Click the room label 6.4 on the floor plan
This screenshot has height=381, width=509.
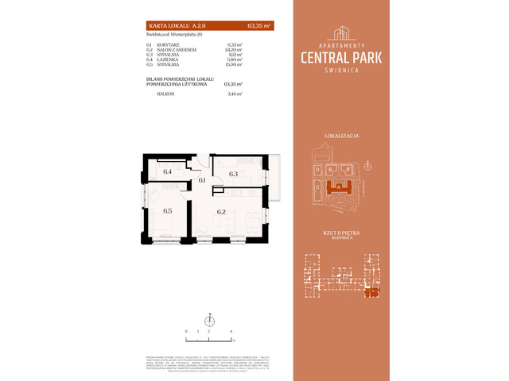tap(168, 171)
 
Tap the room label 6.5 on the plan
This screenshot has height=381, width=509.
tap(168, 210)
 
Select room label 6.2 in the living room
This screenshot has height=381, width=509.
tap(222, 211)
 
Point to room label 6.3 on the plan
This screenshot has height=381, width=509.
tap(233, 173)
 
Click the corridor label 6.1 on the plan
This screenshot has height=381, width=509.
tap(202, 180)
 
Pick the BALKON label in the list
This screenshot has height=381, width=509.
tap(165, 94)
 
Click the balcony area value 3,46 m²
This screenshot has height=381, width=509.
tap(233, 94)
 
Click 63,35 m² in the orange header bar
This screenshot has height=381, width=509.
tap(259, 25)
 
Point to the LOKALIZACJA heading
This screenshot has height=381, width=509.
tap(342, 136)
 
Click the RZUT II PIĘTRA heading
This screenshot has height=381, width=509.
tap(342, 231)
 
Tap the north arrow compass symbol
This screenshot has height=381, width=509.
tap(208, 319)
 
